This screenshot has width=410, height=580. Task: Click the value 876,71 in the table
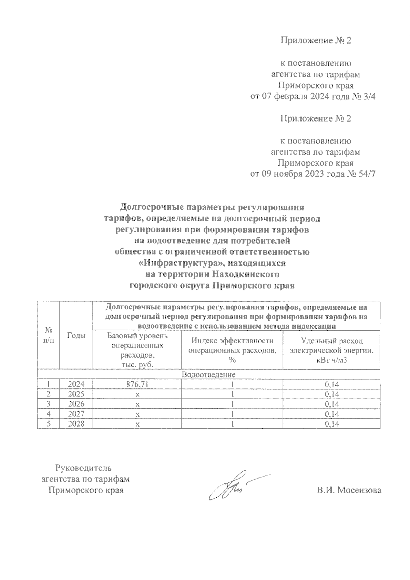[x=137, y=384]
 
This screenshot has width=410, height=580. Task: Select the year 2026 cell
[x=76, y=404]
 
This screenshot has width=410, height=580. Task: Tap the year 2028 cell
[x=76, y=424]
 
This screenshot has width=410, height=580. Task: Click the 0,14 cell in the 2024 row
[x=332, y=384]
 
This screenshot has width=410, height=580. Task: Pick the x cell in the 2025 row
[x=137, y=394]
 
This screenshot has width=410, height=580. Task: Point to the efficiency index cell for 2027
[x=232, y=414]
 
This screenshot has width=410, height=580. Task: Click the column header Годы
[x=76, y=335]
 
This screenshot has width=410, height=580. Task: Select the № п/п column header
[x=48, y=335]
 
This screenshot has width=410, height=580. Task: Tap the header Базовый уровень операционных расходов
[x=137, y=350]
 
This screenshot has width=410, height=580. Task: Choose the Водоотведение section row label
[x=209, y=375]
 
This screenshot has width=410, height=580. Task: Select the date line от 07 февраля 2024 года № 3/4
[x=313, y=96]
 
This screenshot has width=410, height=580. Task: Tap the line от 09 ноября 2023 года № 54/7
[x=313, y=174]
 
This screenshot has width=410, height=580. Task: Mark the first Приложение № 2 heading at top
[x=316, y=41]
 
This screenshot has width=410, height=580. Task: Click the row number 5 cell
[x=48, y=424]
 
